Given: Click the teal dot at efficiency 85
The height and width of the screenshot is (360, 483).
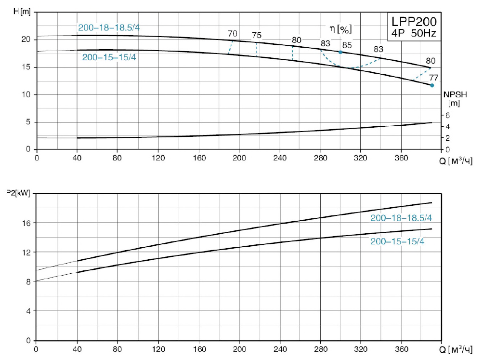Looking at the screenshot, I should (340, 52).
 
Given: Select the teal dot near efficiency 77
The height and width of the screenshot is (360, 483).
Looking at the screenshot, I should (432, 85).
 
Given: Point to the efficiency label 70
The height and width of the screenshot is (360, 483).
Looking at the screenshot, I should (233, 34).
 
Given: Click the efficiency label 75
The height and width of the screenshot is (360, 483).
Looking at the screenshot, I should (257, 35).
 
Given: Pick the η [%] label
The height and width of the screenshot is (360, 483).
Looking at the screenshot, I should (340, 29).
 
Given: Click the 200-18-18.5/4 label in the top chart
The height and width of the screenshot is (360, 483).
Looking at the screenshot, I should (109, 27).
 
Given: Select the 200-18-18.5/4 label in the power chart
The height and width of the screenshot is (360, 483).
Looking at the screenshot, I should (401, 218).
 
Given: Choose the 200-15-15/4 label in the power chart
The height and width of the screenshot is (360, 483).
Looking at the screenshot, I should (397, 241).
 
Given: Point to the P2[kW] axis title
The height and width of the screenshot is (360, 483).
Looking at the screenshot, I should (18, 194).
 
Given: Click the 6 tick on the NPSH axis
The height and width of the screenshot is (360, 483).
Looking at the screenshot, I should (447, 116).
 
